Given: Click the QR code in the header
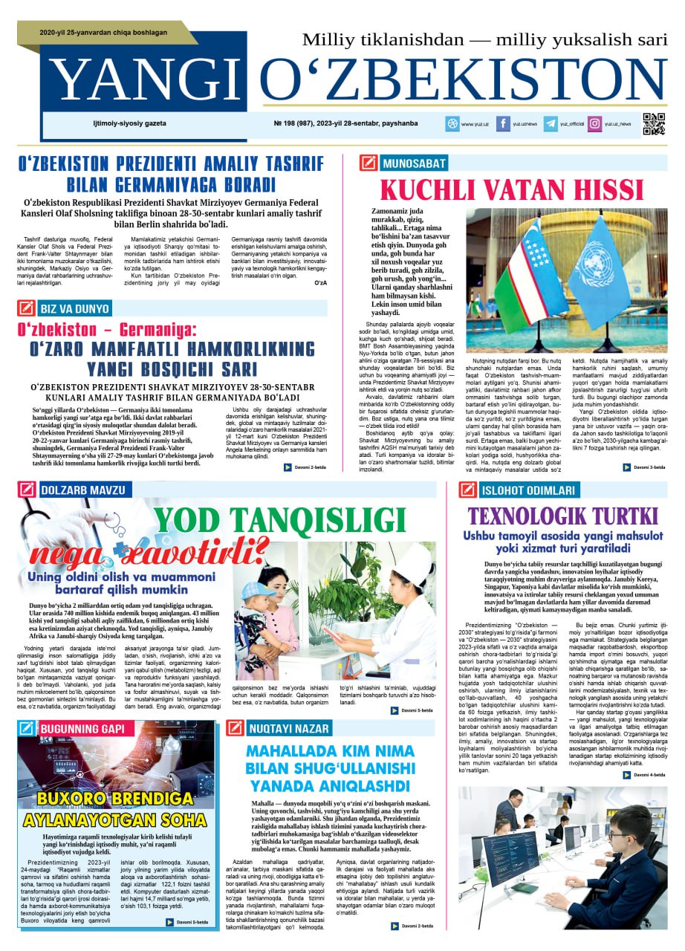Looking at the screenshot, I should [654, 124].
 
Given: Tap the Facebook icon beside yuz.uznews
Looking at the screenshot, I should [504, 124].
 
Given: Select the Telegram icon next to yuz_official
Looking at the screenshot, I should [551, 124].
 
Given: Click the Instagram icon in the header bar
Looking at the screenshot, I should [595, 124].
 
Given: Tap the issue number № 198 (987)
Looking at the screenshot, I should [293, 123].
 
